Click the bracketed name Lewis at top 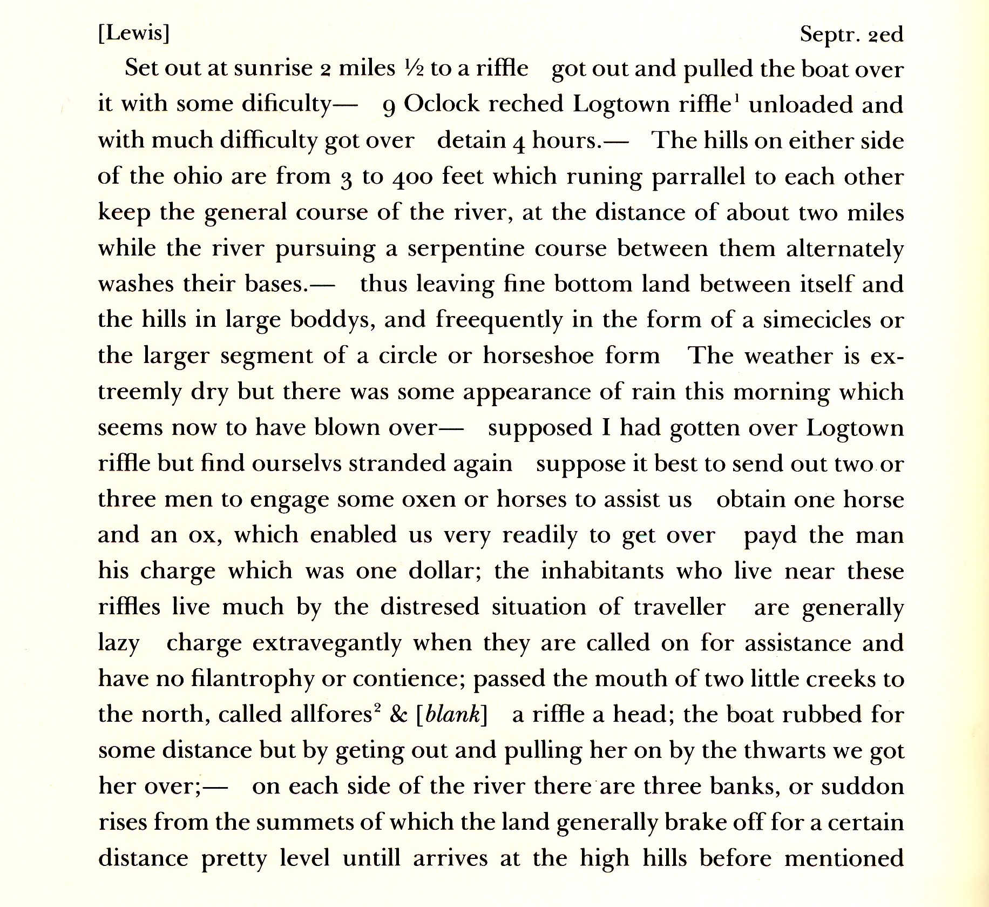point(133,34)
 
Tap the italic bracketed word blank point(452,715)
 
